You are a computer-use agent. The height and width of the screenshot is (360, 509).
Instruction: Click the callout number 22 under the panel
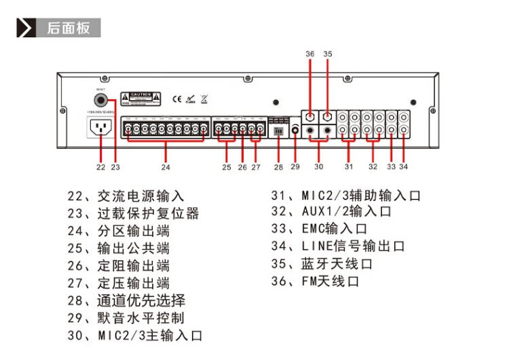[x=101, y=165]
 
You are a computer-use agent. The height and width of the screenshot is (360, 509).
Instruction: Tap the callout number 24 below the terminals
[x=166, y=165]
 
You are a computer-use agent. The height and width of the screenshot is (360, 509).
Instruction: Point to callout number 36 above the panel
[x=310, y=53]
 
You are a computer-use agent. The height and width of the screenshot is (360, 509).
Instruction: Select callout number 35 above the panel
[x=328, y=53]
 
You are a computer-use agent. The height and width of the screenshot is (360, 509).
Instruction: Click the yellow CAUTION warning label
[x=140, y=98]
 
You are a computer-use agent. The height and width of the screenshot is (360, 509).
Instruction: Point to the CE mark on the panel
[x=176, y=98]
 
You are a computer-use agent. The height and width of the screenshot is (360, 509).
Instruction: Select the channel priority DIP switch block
[x=278, y=131]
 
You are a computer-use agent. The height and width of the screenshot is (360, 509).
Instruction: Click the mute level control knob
[x=295, y=129]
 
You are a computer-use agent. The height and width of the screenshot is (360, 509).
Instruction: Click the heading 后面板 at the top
[x=68, y=28]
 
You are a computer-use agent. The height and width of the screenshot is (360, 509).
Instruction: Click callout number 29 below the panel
[x=295, y=165]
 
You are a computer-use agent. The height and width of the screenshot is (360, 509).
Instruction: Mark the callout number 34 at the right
[x=404, y=165]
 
